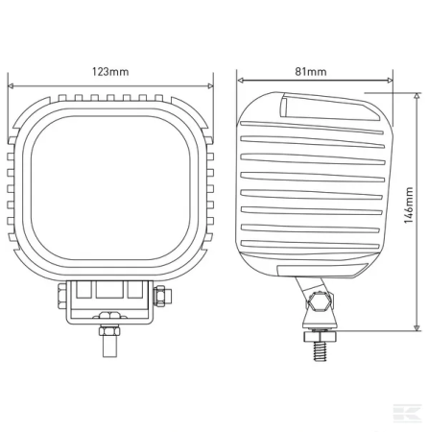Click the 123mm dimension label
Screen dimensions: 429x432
[110, 71]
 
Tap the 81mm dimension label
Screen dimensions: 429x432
[311, 71]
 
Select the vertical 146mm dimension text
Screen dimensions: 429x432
[409, 205]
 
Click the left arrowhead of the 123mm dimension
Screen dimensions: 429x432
[11, 85]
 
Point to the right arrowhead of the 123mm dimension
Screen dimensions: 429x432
[210, 85]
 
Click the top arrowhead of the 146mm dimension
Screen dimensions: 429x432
[417, 95]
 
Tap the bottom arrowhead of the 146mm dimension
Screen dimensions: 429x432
[417, 328]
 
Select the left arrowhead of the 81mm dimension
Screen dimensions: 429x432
[240, 80]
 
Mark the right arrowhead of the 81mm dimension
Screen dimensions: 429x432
[390, 80]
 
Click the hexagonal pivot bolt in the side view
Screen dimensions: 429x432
[319, 301]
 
